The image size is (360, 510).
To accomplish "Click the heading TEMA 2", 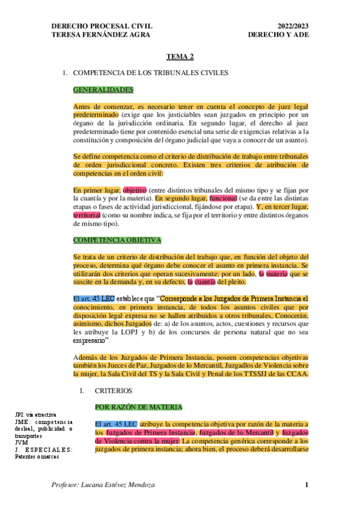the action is click(x=180, y=57).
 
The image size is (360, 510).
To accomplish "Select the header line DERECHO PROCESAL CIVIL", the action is click(x=102, y=26).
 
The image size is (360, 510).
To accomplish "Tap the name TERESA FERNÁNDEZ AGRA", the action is click(x=101, y=34).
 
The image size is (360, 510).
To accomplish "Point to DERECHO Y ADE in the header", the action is click(x=277, y=34).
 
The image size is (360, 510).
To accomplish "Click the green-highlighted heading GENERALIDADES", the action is click(x=103, y=90).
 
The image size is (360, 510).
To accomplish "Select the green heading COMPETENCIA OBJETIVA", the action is click(x=117, y=240).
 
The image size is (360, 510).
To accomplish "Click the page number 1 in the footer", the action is click(x=307, y=485).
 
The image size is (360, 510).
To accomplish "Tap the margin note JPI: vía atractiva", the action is click(x=35, y=415).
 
